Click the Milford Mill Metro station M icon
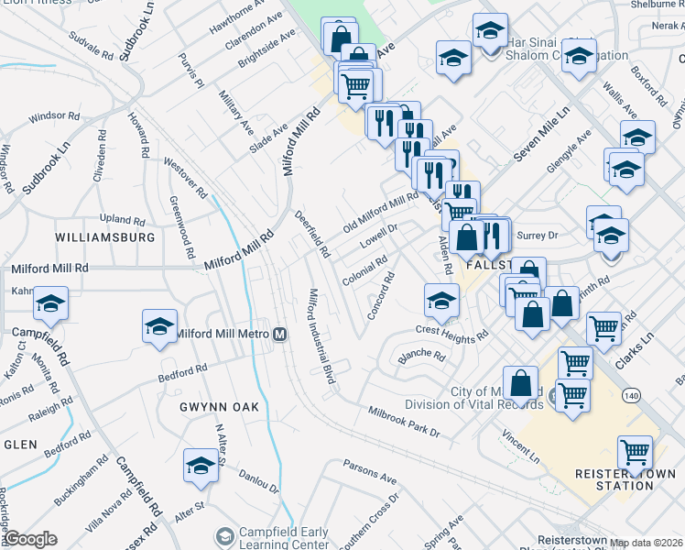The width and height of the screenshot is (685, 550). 281,334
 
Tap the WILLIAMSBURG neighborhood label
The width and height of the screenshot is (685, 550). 104,236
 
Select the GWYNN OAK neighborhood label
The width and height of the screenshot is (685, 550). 207,406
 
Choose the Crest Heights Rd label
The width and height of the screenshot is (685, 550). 451,334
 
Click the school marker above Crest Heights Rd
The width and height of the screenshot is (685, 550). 441,301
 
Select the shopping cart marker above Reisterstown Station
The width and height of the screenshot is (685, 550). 634,451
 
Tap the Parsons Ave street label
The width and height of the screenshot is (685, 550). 369,471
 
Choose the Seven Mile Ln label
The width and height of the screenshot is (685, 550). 540,135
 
